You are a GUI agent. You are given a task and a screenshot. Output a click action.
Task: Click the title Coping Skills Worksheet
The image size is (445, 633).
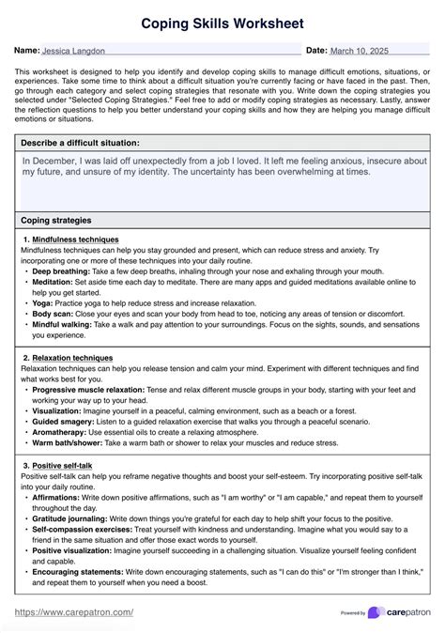(222, 21)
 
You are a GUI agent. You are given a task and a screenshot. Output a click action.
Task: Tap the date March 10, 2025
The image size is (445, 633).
(361, 50)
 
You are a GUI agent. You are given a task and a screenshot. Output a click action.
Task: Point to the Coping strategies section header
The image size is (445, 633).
(56, 220)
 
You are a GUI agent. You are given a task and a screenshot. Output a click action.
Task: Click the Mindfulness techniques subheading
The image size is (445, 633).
(75, 240)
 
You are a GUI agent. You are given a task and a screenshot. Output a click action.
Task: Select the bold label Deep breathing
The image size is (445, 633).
(61, 270)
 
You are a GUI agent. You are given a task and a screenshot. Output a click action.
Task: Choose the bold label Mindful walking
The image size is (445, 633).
(64, 323)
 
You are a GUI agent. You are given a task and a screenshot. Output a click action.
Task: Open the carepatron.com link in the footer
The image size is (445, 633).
(74, 612)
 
